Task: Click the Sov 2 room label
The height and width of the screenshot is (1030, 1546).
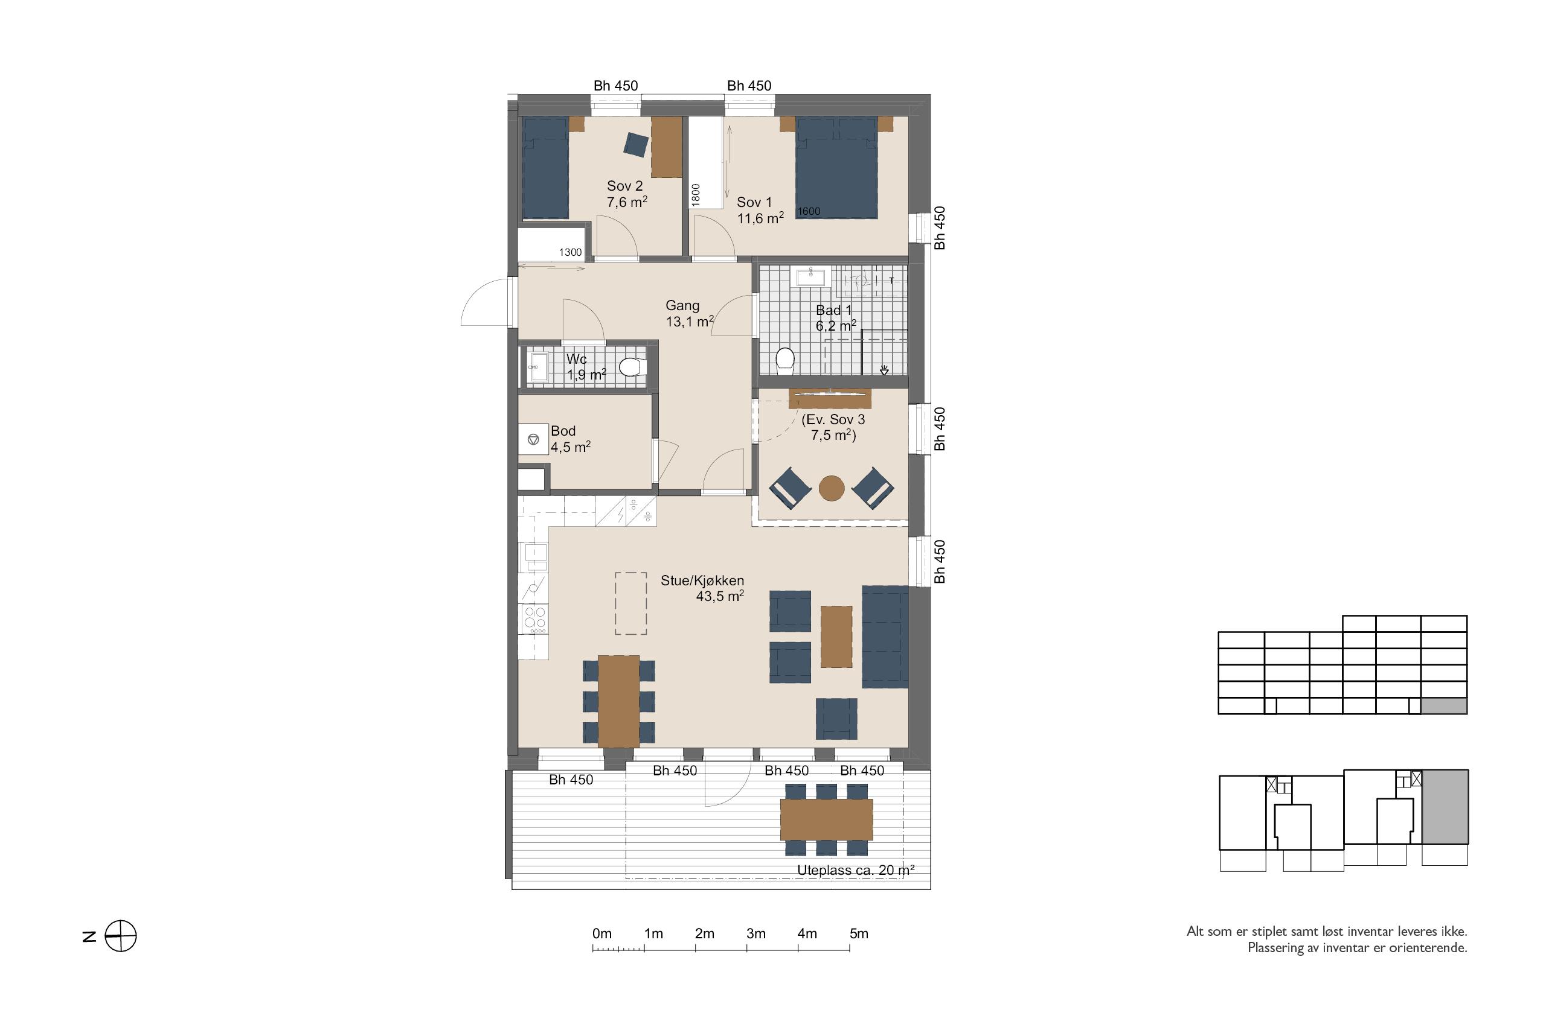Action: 624,186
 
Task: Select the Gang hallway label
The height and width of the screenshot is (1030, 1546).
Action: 682,305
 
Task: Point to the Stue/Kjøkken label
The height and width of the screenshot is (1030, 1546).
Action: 702,580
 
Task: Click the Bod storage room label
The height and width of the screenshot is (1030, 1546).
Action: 563,431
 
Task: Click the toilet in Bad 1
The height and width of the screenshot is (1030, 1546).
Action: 785,361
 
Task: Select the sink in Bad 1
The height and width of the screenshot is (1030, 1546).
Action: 811,276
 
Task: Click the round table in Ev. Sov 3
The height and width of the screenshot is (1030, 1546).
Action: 832,488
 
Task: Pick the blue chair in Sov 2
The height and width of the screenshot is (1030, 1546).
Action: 636,145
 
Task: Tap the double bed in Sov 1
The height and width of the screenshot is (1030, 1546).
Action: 836,168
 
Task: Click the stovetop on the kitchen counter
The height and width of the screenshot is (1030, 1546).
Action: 534,620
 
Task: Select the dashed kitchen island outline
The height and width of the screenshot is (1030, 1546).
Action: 631,603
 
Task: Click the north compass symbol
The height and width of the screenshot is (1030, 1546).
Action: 121,936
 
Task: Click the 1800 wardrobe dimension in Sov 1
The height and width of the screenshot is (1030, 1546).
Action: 696,194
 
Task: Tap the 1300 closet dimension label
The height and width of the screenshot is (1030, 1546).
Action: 571,252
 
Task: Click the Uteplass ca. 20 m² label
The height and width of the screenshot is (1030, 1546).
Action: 856,870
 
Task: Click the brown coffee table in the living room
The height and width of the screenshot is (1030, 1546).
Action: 836,637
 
